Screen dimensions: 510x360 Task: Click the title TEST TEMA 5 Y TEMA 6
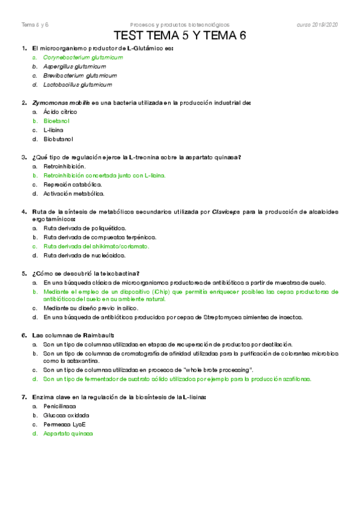tap(180, 36)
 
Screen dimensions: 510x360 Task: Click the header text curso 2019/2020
tap(317, 25)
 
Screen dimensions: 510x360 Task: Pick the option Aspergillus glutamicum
tap(78, 67)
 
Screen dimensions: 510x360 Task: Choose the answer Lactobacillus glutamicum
tap(78, 85)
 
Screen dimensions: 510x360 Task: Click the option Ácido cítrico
tap(60, 112)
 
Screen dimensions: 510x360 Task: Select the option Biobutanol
tap(58, 139)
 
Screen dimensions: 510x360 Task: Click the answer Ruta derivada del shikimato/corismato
tap(96, 247)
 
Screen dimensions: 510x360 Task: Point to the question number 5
tap(23, 273)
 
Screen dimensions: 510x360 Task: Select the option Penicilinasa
tap(59, 407)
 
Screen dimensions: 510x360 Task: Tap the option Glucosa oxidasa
tap(66, 416)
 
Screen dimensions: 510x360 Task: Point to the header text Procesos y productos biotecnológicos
tap(179, 25)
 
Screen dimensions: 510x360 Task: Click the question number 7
tap(23, 397)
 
